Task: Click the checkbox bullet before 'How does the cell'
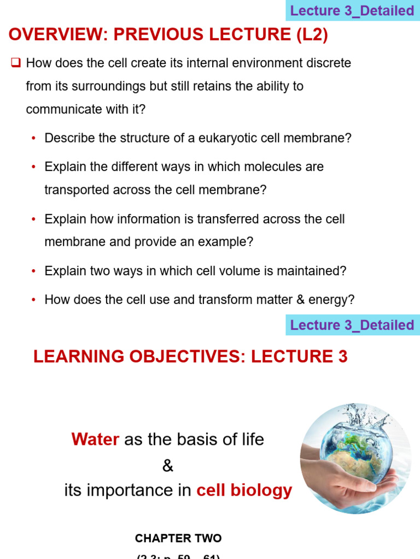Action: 15,63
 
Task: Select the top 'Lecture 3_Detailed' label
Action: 352,11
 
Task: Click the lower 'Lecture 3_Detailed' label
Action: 352,325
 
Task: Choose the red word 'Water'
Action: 95,439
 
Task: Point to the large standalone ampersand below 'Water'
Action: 167,466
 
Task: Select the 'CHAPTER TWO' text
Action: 178,538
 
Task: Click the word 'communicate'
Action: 60,109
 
